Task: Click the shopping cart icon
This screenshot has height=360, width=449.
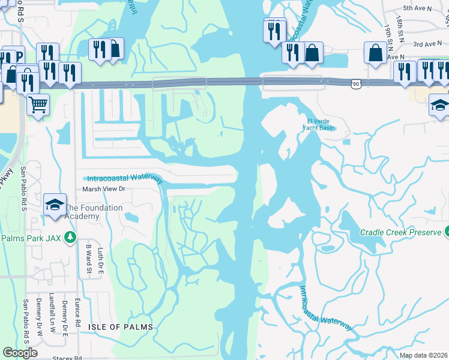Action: (38, 105)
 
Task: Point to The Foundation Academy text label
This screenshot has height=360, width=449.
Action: (94, 212)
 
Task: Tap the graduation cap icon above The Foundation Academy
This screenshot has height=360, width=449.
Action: (55, 203)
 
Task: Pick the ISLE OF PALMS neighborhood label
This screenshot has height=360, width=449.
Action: (121, 327)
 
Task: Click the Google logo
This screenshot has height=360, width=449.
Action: (20, 353)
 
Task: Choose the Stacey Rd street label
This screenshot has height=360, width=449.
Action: (67, 358)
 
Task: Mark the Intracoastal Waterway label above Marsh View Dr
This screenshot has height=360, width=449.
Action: (125, 179)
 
